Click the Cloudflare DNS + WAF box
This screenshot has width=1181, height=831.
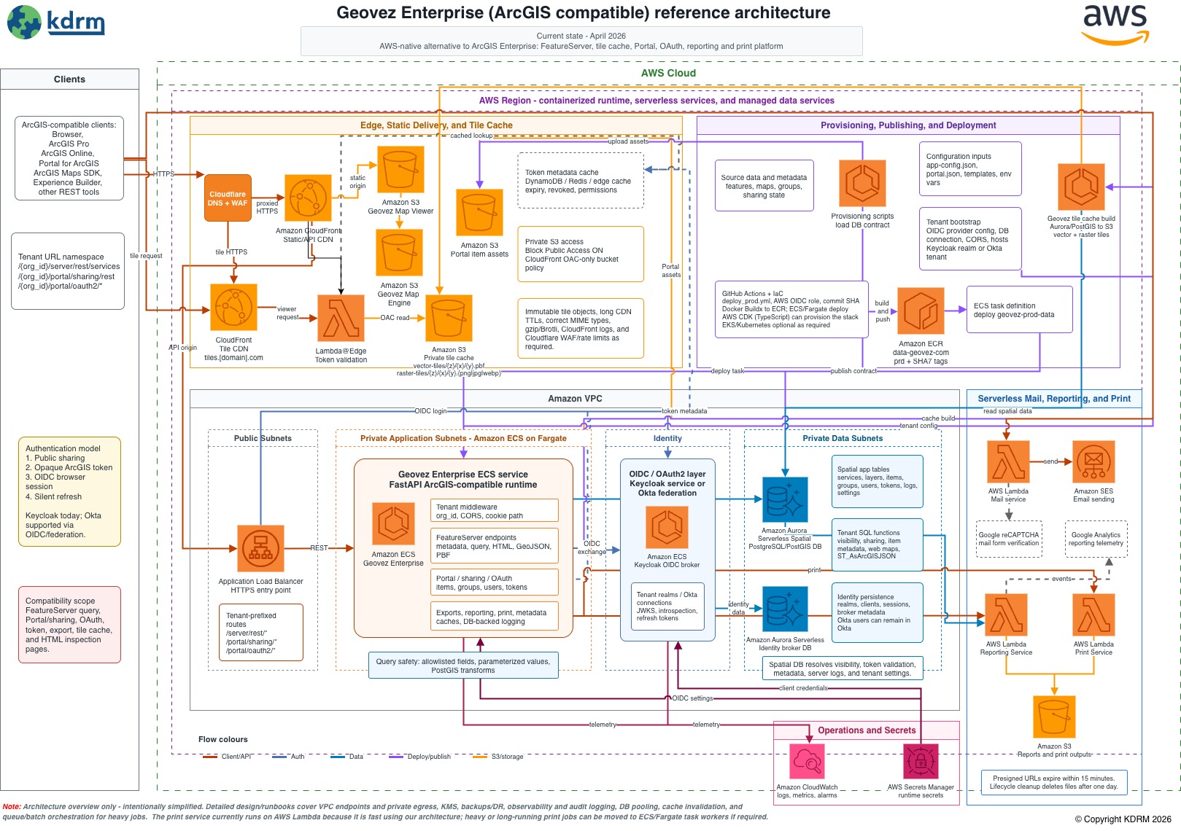[x=228, y=198]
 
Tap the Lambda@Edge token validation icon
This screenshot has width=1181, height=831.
[x=341, y=319]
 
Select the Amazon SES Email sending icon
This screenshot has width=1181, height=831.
[x=1093, y=462]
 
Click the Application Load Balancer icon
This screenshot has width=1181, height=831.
[x=260, y=548]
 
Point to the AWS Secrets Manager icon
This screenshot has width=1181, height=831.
[x=921, y=762]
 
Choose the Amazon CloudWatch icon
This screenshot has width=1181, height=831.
[x=807, y=762]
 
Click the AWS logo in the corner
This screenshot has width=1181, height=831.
[x=1115, y=24]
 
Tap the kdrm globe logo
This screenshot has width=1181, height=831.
[x=24, y=22]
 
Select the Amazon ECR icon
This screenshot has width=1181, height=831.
[x=921, y=311]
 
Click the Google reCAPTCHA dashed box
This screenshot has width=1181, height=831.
[x=1009, y=539]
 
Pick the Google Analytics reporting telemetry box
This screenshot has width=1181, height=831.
[x=1096, y=539]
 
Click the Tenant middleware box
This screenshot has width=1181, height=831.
[x=494, y=511]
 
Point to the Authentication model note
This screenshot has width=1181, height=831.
[x=69, y=491]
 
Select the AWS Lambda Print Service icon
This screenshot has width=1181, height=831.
[x=1093, y=615]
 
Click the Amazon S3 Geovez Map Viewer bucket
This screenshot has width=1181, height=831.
[x=400, y=170]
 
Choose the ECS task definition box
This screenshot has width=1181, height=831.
[x=1019, y=310]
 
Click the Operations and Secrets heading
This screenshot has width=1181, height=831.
[x=866, y=730]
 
